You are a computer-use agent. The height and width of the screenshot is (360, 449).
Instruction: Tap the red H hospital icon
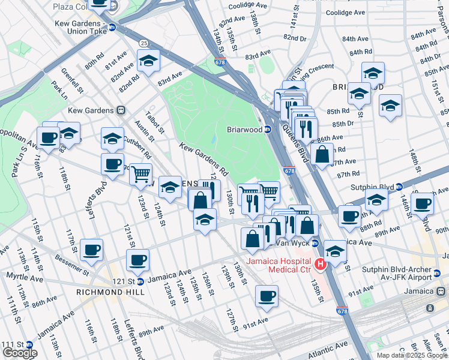[321, 263]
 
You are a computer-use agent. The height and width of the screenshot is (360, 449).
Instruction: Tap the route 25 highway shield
[143, 43]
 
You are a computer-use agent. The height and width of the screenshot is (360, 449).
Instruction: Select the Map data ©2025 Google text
[412, 355]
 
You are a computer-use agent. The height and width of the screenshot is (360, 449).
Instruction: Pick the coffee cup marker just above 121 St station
[137, 260]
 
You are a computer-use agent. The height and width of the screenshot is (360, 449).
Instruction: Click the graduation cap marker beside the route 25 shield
[148, 60]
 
